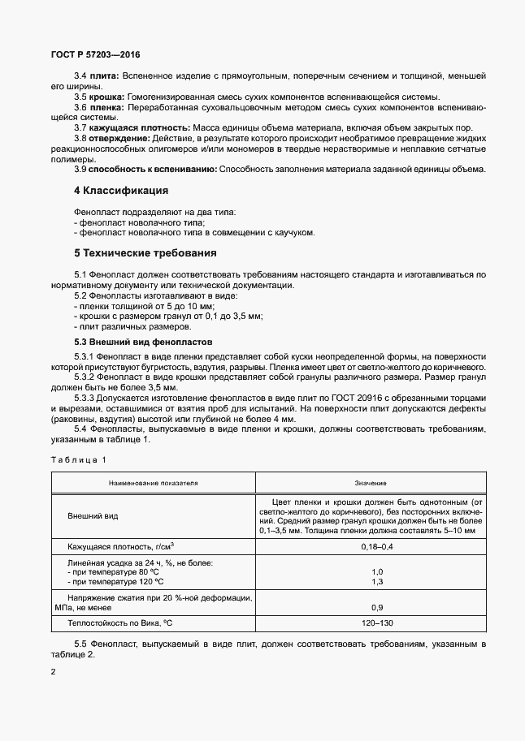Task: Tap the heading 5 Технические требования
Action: point(147,253)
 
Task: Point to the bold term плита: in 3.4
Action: point(105,75)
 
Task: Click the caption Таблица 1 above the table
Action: point(78,460)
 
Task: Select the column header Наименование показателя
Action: point(154,482)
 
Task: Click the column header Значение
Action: point(371,482)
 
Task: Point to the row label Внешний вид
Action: point(93,515)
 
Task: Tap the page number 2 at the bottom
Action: point(53,673)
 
